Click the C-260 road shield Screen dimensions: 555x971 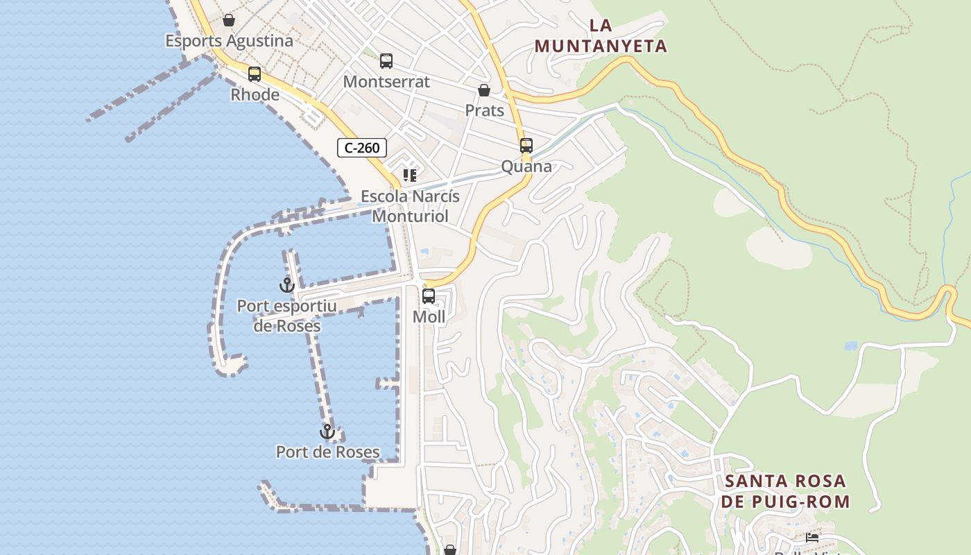362,148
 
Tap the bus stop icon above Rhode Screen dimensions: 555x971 255,74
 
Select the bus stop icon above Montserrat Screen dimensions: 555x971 386,61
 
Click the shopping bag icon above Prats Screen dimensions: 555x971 484,90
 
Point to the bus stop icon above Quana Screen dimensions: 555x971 526,146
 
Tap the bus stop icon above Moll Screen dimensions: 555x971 429,296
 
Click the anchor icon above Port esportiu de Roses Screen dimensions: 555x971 286,284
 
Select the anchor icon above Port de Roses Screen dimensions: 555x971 327,432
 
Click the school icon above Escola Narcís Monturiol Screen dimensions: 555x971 410,176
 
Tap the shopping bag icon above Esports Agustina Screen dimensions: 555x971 229,21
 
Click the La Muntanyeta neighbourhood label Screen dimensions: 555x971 601,36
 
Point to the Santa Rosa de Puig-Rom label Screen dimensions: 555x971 785,491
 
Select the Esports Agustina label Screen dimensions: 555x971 229,41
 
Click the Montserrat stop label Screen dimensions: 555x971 386,82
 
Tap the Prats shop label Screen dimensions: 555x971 484,110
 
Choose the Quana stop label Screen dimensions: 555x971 526,166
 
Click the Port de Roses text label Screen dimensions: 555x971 327,452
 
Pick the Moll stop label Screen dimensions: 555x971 429,317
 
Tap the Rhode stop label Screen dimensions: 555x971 255,94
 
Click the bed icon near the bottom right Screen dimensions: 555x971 811,538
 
